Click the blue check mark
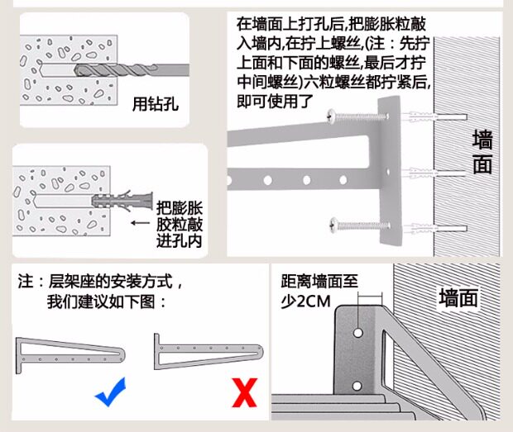point(111,392)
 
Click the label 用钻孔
point(156,104)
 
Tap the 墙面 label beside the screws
point(482,151)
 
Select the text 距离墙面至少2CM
point(319,291)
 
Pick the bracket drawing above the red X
point(207,351)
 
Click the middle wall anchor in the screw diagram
point(424,173)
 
